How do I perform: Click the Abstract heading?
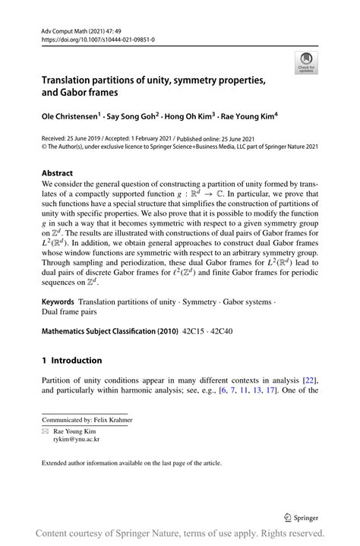(57, 173)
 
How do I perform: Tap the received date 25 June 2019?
(88, 140)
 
